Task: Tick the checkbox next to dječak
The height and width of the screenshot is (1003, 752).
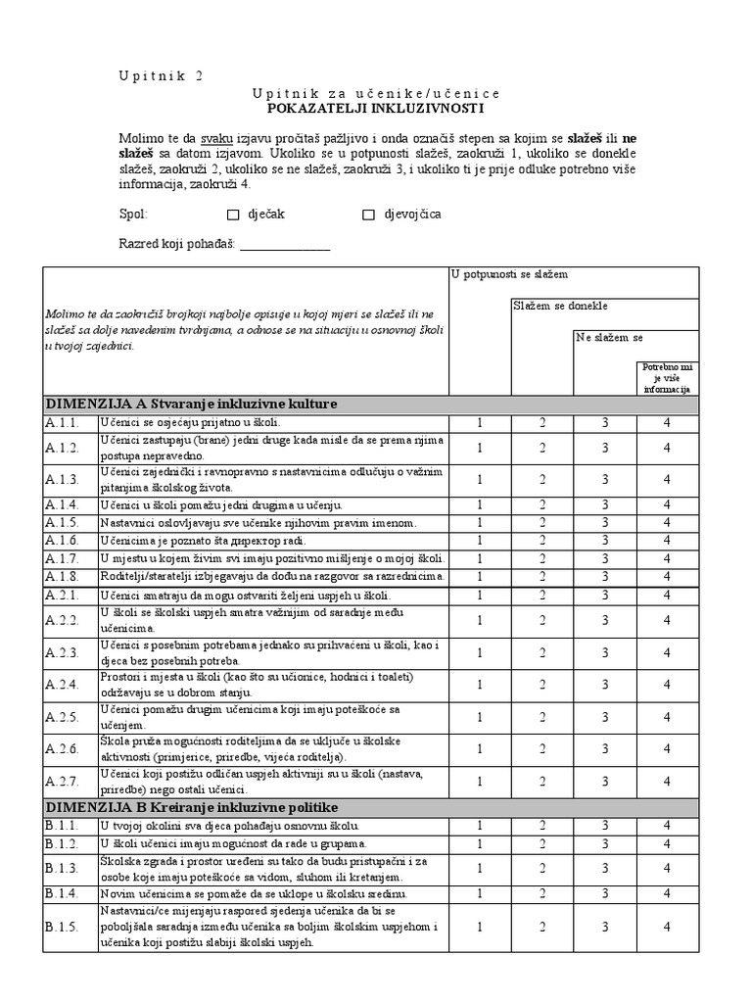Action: [233, 215]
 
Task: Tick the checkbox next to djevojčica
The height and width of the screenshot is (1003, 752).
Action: [369, 215]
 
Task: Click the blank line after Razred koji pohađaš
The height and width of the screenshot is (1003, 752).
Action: [285, 246]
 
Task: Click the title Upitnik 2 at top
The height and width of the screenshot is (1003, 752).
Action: [162, 75]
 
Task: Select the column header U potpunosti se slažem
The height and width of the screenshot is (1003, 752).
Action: [510, 275]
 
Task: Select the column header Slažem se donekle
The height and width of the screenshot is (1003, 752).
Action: [561, 307]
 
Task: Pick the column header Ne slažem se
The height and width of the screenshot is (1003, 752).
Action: [609, 338]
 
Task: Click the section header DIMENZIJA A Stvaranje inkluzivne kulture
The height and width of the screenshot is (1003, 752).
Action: [192, 404]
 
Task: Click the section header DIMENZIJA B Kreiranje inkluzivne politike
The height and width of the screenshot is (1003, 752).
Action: [192, 807]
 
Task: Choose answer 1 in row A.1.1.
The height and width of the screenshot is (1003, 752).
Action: [480, 423]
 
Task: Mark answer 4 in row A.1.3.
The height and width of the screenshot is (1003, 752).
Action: [666, 478]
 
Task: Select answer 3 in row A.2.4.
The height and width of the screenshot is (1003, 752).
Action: [605, 684]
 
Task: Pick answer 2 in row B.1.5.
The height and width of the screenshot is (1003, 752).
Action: [542, 927]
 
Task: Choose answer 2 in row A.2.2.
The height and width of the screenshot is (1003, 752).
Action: [542, 619]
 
